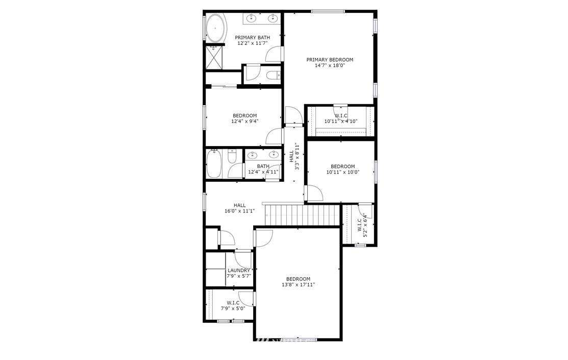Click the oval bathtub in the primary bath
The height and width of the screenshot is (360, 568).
[215, 28]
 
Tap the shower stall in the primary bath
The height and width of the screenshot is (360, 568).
[214, 57]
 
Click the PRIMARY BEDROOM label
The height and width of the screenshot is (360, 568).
[330, 60]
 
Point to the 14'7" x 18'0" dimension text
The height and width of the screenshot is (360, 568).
[330, 66]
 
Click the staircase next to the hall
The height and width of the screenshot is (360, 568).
[302, 214]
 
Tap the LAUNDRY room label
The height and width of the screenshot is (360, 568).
[239, 271]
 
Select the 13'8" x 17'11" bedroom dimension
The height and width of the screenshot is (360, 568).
[298, 284]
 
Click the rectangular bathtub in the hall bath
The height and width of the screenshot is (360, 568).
[214, 164]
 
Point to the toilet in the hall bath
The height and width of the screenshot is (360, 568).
[232, 157]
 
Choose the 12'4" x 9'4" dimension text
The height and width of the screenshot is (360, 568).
[244, 122]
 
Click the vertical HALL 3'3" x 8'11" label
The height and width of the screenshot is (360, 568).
[294, 156]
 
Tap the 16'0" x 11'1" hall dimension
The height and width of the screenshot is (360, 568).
[239, 211]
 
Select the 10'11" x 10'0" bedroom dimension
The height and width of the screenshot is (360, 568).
[342, 172]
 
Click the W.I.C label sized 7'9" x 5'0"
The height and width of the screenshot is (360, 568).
[233, 306]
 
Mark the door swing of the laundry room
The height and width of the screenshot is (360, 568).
[243, 260]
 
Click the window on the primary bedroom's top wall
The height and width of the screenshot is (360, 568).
[328, 12]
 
